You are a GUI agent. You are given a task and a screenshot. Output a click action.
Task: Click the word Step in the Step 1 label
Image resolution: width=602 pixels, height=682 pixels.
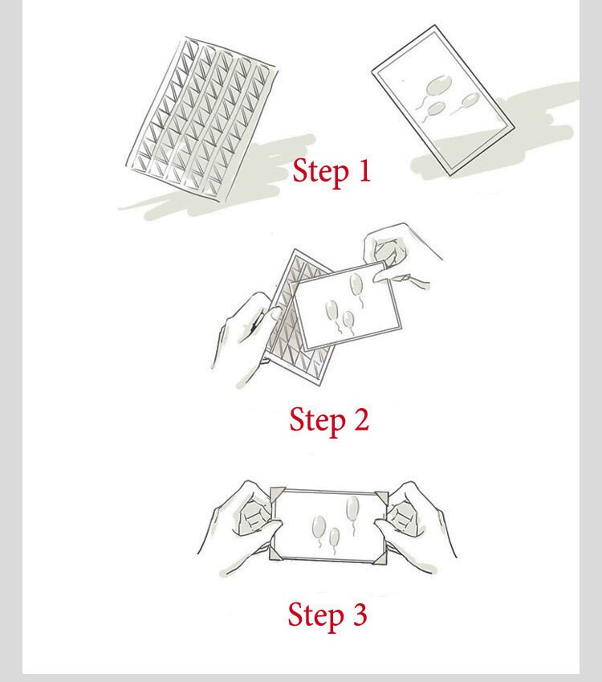320,172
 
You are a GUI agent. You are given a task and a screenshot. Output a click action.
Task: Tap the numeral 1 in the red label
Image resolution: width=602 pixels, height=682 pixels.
364,169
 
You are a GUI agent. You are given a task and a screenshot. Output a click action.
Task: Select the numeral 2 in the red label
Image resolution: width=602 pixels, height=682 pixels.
361,420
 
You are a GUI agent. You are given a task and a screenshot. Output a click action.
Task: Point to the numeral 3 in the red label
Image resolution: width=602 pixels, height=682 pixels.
360,614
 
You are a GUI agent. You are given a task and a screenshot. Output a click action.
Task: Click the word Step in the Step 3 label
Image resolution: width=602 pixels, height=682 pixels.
316,616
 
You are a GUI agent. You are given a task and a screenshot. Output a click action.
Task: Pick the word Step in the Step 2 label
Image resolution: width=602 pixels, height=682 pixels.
317,422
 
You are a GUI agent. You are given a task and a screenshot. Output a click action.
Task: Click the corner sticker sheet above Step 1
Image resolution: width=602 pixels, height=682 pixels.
201,119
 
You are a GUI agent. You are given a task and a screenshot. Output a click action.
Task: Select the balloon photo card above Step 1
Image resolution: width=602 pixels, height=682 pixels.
443,100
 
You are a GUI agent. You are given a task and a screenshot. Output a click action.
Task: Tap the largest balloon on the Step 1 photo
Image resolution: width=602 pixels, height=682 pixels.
437,86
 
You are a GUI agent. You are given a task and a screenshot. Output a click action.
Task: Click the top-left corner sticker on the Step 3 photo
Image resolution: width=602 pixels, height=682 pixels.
277,495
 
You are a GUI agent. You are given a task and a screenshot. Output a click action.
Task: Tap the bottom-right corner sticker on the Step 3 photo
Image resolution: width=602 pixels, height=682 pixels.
380,557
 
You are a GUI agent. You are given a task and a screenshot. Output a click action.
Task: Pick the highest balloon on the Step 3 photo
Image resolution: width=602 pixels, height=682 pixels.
352,508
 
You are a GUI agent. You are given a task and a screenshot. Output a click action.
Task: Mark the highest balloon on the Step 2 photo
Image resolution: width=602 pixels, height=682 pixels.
356,284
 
